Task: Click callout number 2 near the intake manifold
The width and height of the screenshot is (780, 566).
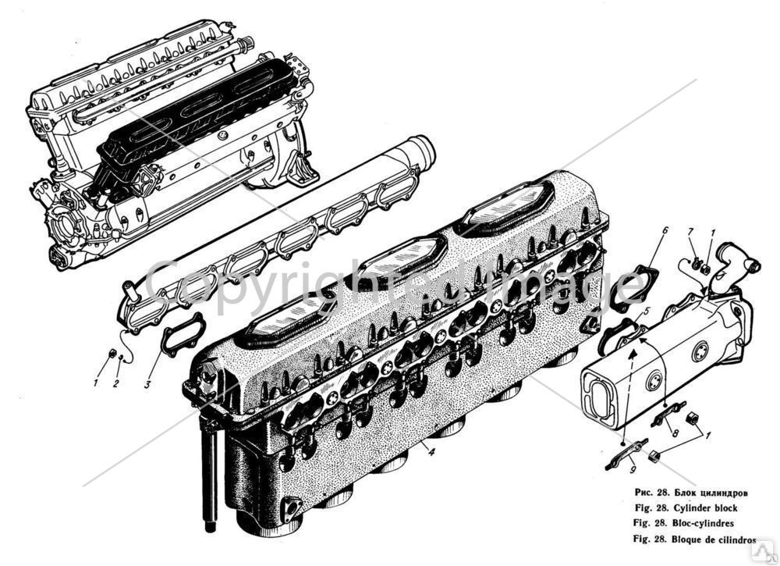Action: click(x=115, y=383)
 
